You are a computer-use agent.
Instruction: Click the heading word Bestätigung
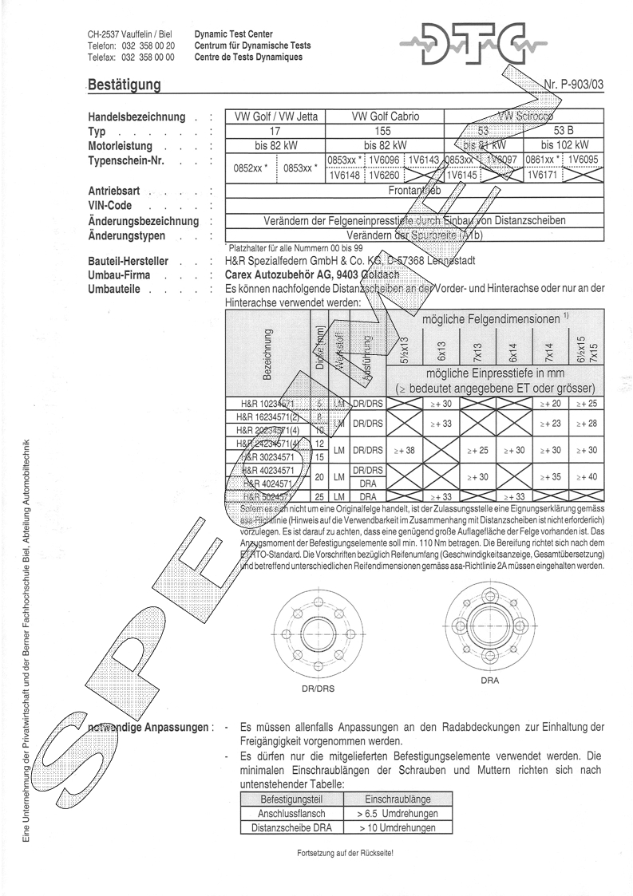tap(124, 85)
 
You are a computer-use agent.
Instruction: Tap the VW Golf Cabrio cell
tap(385, 116)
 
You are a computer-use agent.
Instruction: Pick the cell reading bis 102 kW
tap(564, 145)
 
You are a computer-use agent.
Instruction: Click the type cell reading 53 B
tap(564, 131)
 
